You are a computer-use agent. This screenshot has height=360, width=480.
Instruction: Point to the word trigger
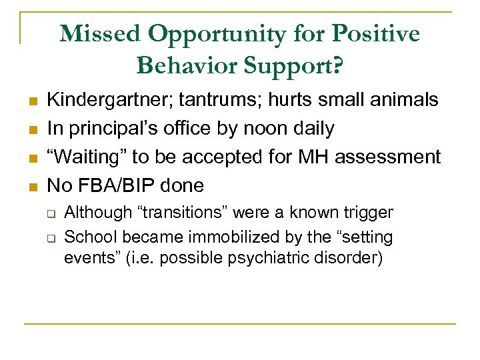tap(367, 213)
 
